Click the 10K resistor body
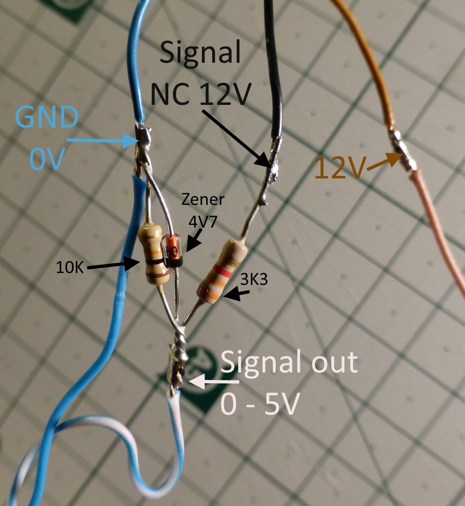pos(154,254)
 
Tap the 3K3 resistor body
pos(222,271)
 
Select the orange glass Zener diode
pos(171,251)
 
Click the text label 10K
pos(70,268)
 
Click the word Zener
pos(202,199)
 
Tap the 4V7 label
pos(203,222)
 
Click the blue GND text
pos(47,117)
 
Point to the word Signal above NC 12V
pos(200,52)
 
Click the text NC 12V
pos(201,94)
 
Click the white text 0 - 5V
pos(258,404)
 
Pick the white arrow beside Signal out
pos(214,381)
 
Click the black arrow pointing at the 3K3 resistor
pos(237,294)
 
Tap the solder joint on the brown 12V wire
pos(402,150)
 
